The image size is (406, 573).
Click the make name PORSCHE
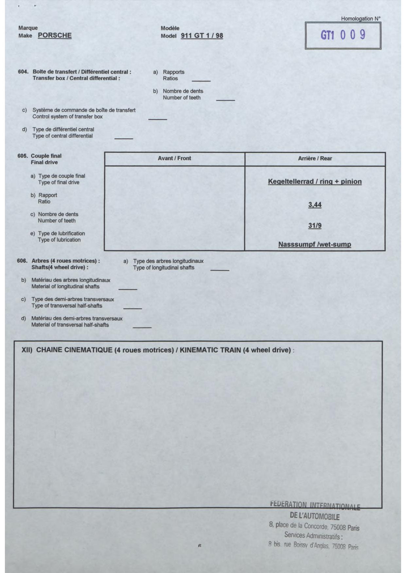[55, 35]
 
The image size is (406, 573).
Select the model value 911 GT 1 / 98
[202, 36]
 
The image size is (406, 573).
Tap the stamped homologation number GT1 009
[343, 35]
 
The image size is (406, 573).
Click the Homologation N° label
[361, 19]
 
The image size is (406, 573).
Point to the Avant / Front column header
[174, 158]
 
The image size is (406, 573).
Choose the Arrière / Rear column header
[315, 158]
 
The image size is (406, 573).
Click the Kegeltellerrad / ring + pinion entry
[315, 182]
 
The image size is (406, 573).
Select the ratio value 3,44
[315, 205]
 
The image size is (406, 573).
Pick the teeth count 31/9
[315, 225]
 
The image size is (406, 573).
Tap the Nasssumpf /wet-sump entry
[315, 244]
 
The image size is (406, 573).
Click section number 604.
[23, 72]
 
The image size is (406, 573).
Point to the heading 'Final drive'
[44, 162]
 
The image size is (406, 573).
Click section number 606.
[22, 261]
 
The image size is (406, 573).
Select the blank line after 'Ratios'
[201, 80]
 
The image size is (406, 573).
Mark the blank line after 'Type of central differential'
[124, 138]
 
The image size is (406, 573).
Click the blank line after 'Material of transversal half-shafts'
[142, 327]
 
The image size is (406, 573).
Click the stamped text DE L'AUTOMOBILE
[315, 516]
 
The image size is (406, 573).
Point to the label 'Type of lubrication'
[59, 240]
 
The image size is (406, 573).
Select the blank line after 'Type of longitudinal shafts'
[220, 270]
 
